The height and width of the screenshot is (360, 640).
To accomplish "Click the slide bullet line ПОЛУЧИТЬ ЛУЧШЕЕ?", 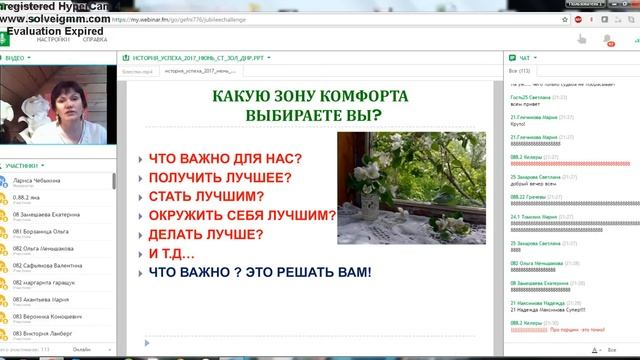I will coord(220,178).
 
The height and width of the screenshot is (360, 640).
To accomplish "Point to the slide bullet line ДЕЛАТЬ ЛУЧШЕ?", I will coord(214,234).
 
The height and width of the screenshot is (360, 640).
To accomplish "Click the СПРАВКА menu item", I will coord(95,39).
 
